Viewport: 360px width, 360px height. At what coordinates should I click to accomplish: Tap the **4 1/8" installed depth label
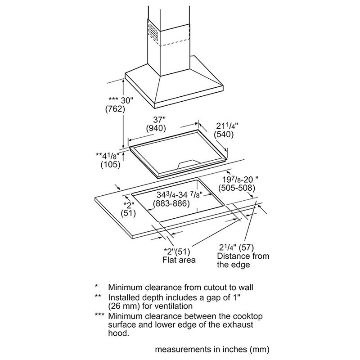[110, 156]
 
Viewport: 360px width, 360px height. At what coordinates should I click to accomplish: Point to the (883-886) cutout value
[171, 203]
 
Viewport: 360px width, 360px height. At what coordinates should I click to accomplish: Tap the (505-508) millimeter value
[236, 187]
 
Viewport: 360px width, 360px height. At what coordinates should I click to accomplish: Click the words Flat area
[179, 260]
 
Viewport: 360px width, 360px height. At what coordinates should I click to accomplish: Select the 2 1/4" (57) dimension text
[237, 247]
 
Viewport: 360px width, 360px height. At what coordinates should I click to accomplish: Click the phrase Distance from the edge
[243, 261]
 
